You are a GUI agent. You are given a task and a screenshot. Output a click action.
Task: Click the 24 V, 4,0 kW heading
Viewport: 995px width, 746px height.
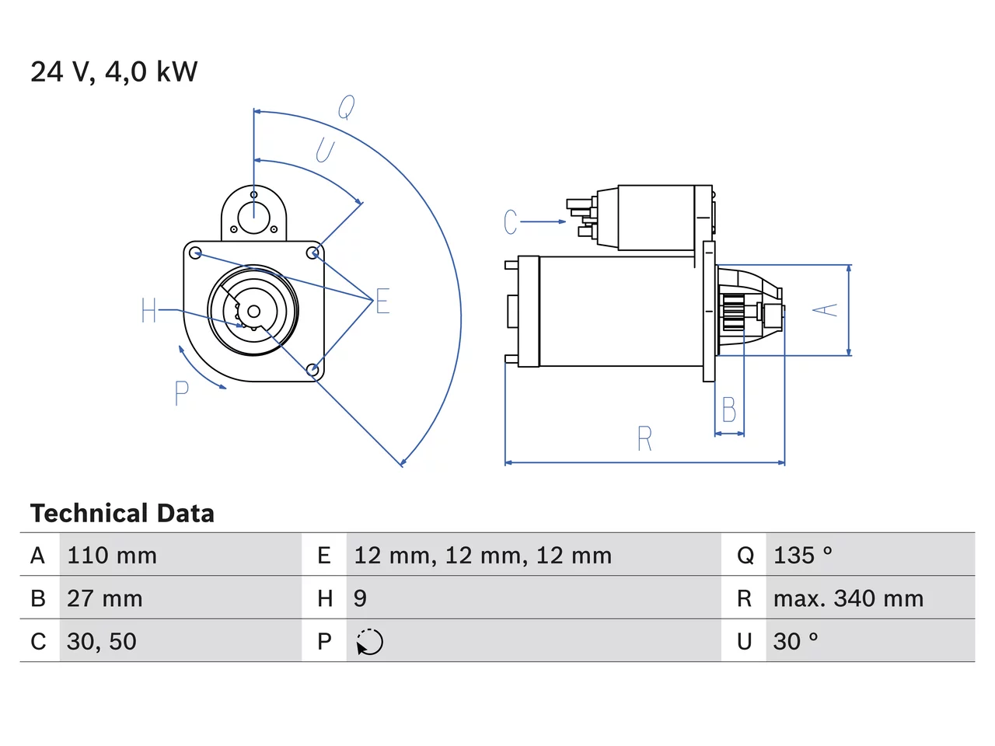click(113, 72)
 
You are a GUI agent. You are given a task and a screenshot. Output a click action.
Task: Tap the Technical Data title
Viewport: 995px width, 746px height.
click(122, 513)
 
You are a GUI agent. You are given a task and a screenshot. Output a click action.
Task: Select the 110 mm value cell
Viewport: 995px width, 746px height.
click(180, 555)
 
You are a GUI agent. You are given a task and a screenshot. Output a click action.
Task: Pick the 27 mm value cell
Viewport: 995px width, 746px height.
click(180, 598)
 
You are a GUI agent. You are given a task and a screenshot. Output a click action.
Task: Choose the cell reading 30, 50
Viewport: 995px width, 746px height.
click(180, 641)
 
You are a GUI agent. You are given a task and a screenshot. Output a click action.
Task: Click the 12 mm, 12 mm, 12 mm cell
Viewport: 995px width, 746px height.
click(533, 555)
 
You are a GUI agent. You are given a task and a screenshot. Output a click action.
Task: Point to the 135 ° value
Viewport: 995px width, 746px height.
click(803, 556)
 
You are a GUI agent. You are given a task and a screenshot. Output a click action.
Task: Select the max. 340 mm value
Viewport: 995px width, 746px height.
click(848, 598)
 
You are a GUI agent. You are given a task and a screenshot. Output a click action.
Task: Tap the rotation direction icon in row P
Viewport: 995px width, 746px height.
click(369, 642)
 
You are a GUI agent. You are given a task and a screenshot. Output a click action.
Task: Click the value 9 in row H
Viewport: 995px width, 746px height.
click(360, 598)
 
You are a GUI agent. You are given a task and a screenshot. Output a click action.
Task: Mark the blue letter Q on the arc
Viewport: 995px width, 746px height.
click(347, 107)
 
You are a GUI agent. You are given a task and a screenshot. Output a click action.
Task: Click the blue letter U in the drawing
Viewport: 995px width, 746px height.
click(325, 150)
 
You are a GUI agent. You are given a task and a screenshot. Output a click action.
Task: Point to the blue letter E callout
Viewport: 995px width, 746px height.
click(382, 301)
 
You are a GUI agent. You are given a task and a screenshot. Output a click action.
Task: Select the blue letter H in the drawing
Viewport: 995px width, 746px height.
click(148, 310)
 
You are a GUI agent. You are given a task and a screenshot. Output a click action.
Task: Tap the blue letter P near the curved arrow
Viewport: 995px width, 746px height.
click(182, 393)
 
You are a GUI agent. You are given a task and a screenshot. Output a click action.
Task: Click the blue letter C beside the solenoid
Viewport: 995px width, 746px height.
click(511, 222)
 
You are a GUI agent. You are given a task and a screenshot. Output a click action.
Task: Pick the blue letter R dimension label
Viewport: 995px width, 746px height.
click(644, 438)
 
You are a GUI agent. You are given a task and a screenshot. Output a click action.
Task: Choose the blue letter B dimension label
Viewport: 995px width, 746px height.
click(729, 410)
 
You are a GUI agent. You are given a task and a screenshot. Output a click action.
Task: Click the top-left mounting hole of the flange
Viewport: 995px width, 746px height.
click(195, 253)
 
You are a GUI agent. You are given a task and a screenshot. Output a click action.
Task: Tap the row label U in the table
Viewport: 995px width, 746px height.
click(744, 641)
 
